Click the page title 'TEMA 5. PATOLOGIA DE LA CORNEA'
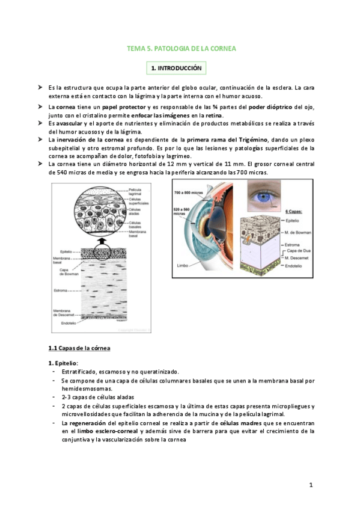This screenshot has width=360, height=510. pyautogui.click(x=185, y=48)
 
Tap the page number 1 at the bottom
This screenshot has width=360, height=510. pyautogui.click(x=311, y=484)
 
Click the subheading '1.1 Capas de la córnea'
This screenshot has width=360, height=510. pyautogui.click(x=79, y=348)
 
